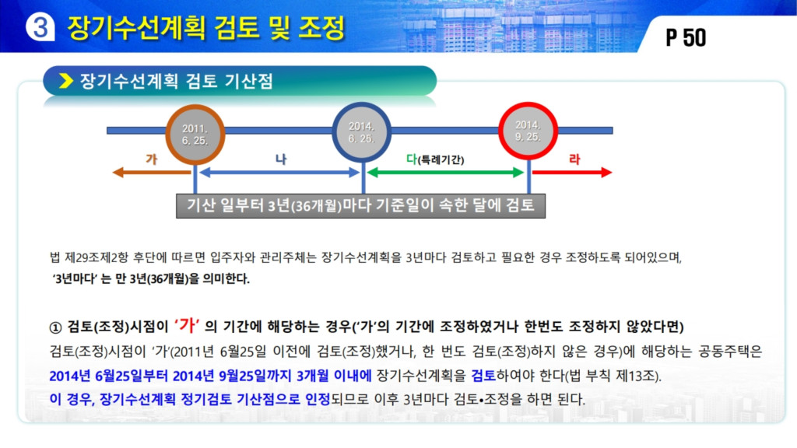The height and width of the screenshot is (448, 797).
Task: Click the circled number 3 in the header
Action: tap(40, 26)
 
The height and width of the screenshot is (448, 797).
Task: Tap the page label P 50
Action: tap(686, 37)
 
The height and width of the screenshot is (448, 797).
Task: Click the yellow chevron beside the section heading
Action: tap(66, 81)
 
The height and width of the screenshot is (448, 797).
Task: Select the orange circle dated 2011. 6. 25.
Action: tap(195, 135)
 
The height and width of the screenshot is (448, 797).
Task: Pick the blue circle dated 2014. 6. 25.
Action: tap(361, 132)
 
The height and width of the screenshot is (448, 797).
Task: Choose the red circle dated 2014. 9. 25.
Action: tap(528, 131)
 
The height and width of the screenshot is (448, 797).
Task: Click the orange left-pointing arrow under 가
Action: tap(152, 173)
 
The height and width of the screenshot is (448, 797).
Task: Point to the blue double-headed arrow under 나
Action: tap(279, 173)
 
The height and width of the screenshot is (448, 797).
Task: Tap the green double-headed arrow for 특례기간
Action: tap(445, 173)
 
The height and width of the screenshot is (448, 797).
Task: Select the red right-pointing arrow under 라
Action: tap(572, 173)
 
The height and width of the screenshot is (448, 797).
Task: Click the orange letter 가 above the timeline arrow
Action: tap(152, 159)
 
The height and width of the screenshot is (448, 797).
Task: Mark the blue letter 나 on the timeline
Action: tap(281, 159)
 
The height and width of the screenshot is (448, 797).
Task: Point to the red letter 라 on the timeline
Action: tap(574, 159)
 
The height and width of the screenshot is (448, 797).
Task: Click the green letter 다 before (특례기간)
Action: tap(412, 159)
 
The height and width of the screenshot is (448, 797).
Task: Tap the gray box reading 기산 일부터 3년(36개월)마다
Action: tap(361, 205)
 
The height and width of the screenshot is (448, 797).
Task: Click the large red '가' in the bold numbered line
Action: tap(187, 325)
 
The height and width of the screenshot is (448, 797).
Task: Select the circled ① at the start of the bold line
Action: tap(55, 327)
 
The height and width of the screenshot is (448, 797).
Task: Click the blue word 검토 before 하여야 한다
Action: tap(483, 376)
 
